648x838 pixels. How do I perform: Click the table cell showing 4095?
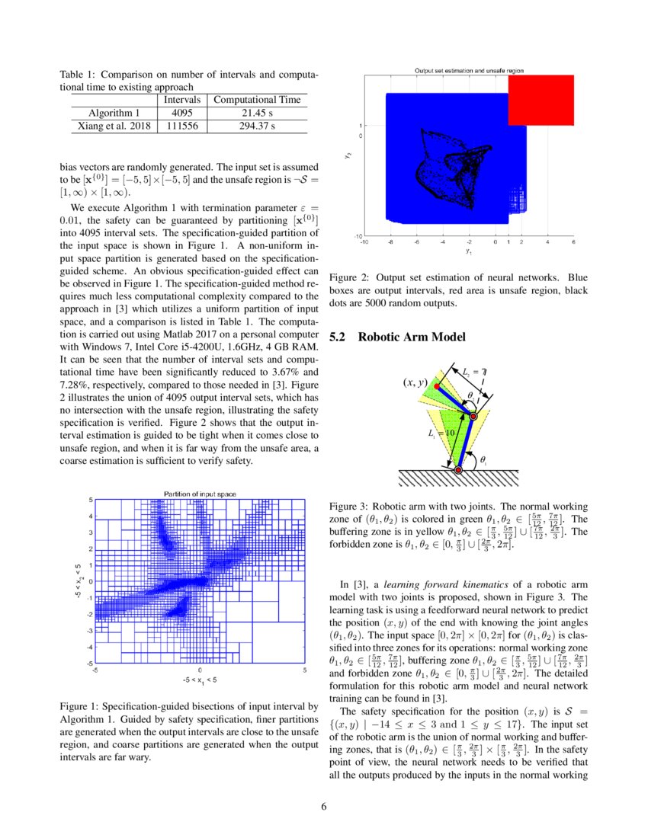(182, 113)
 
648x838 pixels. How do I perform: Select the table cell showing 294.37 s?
(257, 126)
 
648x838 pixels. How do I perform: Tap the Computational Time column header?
(257, 100)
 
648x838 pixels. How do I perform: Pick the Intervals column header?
(182, 100)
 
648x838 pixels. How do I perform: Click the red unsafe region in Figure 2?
(541, 99)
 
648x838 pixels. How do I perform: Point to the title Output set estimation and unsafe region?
(469, 70)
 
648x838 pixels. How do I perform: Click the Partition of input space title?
(200, 494)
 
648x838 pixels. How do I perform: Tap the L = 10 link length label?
(441, 432)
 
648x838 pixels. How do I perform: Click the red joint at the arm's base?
(458, 471)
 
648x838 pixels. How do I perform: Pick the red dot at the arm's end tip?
(436, 387)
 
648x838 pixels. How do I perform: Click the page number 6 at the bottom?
(323, 808)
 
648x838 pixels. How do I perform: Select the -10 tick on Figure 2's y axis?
(355, 236)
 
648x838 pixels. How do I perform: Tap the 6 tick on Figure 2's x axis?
(573, 242)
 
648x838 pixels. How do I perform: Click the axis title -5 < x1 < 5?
(200, 678)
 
